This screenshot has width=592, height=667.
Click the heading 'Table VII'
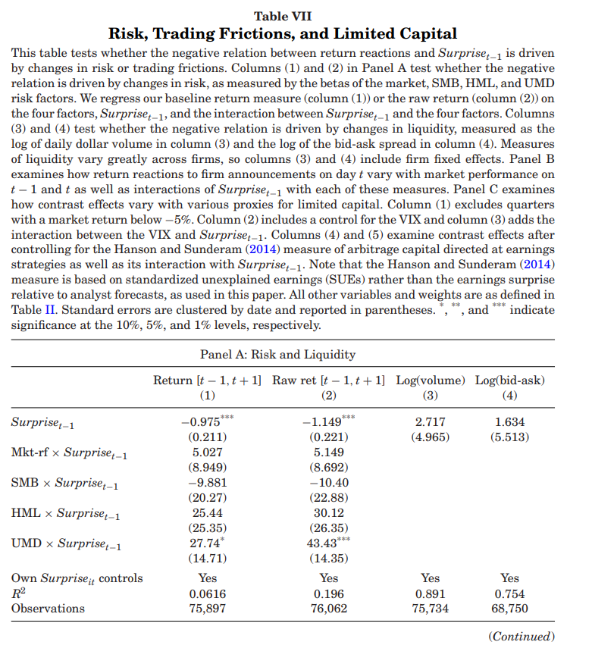[283, 16]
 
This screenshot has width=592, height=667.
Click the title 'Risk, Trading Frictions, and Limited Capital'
[283, 33]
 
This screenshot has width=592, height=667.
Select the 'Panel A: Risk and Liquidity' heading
[277, 354]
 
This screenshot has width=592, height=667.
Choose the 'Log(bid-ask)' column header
[510, 380]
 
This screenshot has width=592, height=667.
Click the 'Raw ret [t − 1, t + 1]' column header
[329, 380]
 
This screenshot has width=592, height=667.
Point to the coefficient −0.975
[202, 422]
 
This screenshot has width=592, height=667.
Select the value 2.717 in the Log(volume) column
[431, 422]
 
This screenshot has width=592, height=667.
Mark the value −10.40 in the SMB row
[329, 483]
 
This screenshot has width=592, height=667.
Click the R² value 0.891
[431, 593]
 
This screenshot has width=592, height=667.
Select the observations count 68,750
[510, 608]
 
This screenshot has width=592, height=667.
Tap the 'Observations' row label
[48, 608]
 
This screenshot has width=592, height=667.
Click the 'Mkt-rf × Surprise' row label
[69, 453]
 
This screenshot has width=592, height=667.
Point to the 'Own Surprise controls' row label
[77, 579]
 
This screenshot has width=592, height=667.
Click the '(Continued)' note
[522, 637]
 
